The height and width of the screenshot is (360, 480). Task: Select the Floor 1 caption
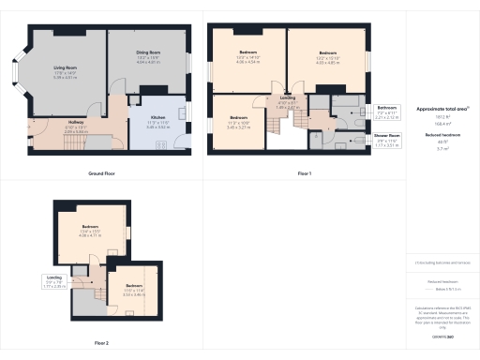click(x=303, y=174)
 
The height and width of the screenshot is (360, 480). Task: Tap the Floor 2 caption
click(x=100, y=342)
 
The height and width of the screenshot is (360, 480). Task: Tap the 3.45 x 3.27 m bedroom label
click(x=240, y=124)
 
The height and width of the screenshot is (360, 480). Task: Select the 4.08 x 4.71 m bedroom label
click(x=89, y=235)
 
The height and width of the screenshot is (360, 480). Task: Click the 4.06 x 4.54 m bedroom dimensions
click(x=247, y=63)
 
